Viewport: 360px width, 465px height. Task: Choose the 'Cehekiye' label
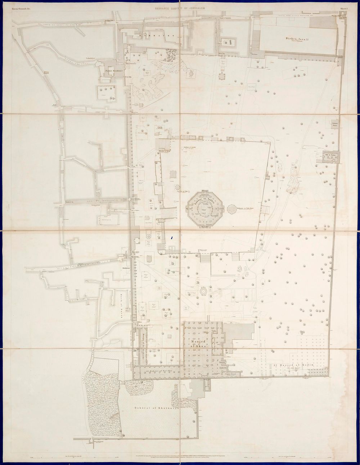pos(90,58)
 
